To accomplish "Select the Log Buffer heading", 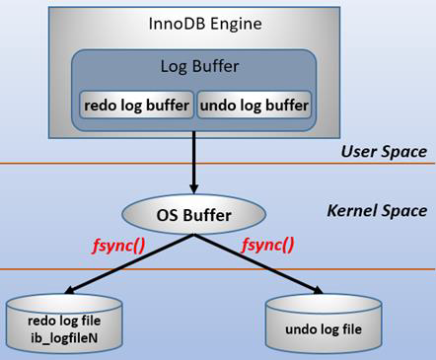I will tap(193, 67).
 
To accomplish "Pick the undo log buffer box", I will tap(253, 104).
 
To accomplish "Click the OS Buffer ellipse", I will tap(193, 212).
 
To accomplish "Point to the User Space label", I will tap(383, 151).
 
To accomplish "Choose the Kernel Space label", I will tap(376, 211).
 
